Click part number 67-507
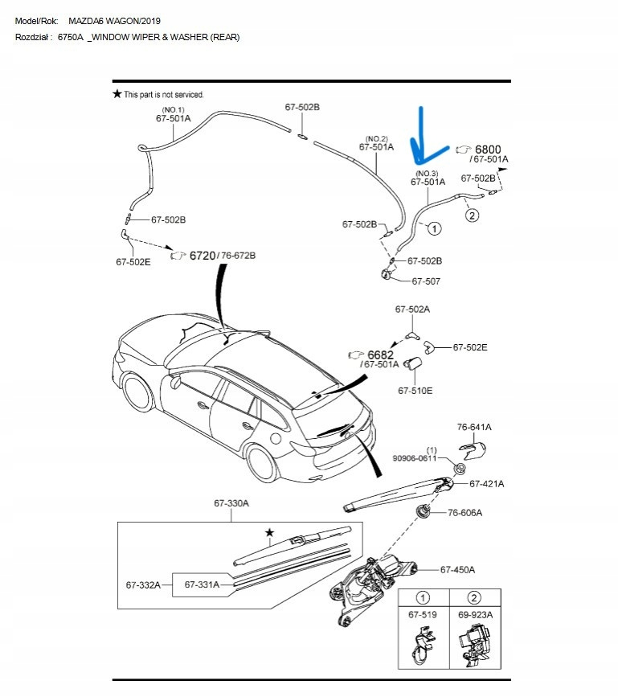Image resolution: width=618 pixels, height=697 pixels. click(x=425, y=281)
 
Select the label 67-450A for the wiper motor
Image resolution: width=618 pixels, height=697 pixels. click(x=457, y=569)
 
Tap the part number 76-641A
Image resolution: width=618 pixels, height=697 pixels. click(x=474, y=427)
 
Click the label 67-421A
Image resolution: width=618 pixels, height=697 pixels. click(x=487, y=484)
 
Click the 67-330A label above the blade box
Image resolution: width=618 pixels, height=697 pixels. click(x=231, y=502)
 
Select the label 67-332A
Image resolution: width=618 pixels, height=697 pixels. click(x=144, y=584)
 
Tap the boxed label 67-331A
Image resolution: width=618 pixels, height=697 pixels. click(x=202, y=584)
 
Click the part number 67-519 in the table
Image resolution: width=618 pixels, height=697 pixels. click(x=422, y=614)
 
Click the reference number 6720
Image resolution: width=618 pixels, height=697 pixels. click(x=203, y=255)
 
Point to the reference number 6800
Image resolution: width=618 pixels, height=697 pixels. click(x=488, y=150)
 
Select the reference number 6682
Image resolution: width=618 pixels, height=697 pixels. click(x=380, y=355)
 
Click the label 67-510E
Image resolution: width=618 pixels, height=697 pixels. click(x=415, y=391)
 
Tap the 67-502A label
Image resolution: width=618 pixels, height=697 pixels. click(x=412, y=309)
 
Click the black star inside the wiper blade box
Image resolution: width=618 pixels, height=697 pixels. click(x=270, y=532)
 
